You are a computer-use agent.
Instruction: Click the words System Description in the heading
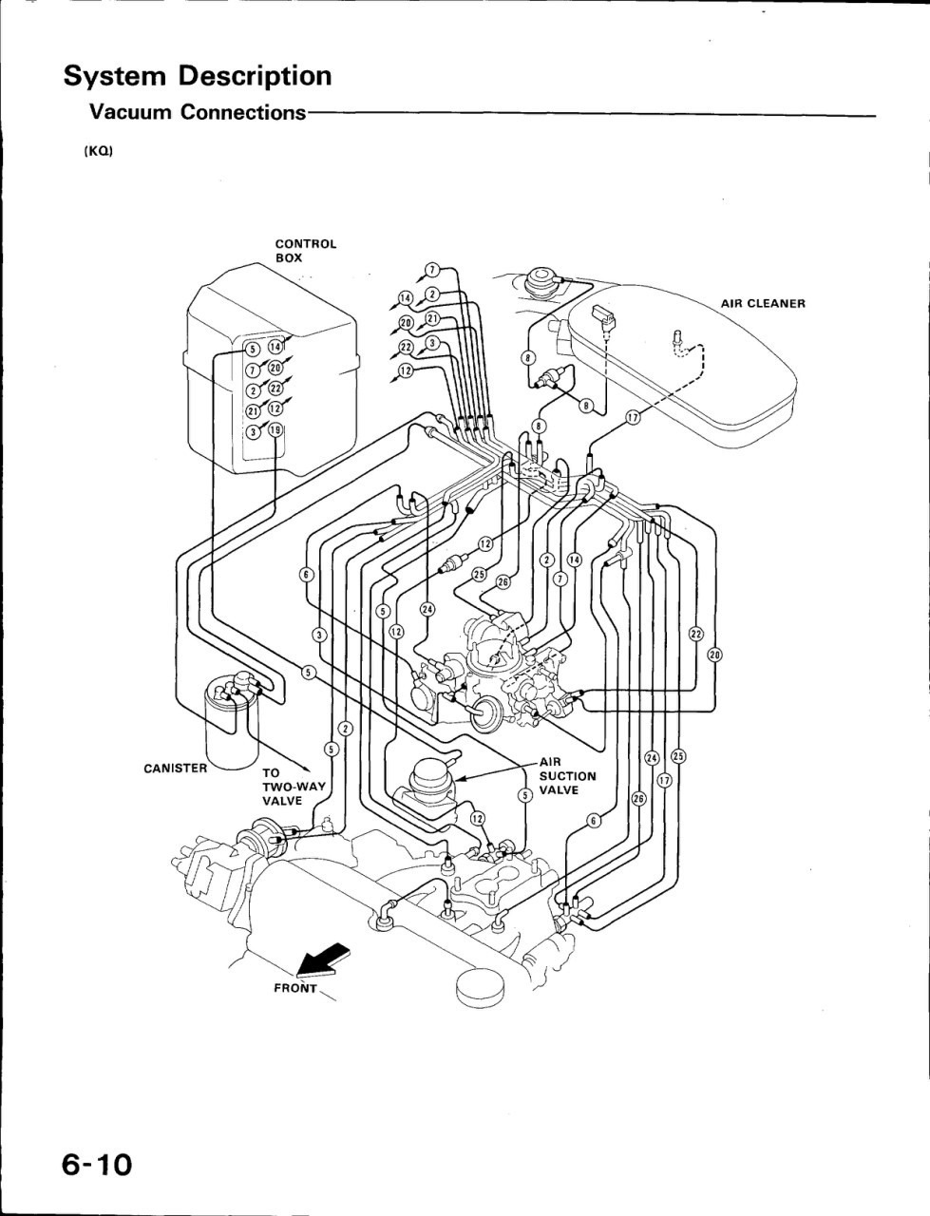(198, 76)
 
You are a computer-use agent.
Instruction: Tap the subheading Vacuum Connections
(197, 112)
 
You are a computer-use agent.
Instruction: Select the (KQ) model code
(98, 152)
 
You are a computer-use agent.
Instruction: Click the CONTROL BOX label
(305, 250)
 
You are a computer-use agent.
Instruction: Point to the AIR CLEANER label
(762, 304)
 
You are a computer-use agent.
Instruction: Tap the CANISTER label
(175, 768)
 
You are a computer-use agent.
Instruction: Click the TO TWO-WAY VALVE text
(294, 787)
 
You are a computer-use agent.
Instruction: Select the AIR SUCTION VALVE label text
(567, 775)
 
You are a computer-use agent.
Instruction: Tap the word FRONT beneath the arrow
(294, 988)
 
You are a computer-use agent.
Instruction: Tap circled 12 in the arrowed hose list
(406, 370)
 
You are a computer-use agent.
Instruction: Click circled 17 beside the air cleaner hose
(633, 418)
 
